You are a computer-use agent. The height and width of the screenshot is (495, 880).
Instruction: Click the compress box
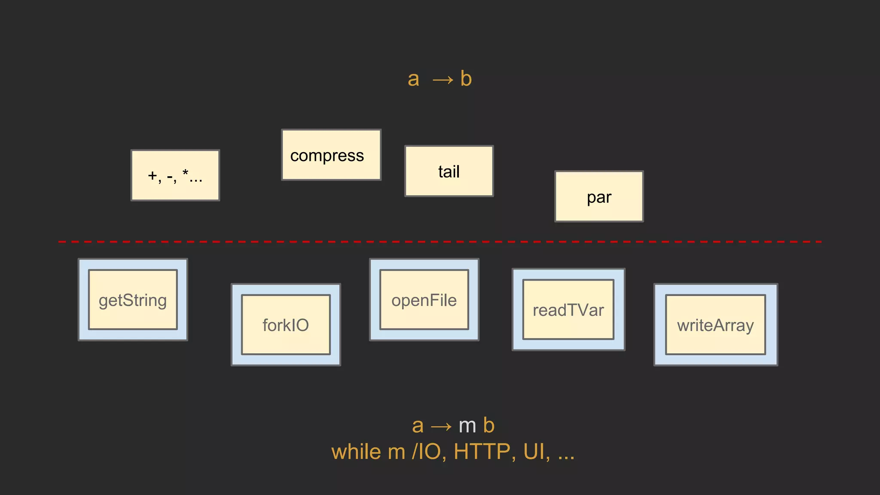(331, 155)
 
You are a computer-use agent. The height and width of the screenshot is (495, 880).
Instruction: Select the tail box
(449, 171)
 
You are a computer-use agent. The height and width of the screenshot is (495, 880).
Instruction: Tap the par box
(599, 197)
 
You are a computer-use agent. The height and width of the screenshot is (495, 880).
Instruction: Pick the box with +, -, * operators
(175, 175)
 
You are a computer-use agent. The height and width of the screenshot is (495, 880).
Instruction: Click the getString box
(133, 300)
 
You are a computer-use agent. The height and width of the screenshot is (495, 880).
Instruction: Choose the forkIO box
(286, 325)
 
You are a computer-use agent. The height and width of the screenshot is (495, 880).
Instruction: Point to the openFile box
(424, 300)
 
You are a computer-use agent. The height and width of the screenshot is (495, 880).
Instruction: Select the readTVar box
(568, 310)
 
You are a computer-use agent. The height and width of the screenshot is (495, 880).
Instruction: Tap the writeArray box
(715, 325)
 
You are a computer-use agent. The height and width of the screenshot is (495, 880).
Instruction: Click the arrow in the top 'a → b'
(443, 80)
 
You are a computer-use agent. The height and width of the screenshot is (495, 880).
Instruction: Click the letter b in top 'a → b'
(466, 79)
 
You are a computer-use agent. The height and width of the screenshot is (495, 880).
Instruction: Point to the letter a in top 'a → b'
(413, 79)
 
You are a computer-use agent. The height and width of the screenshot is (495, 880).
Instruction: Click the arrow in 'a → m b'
(441, 427)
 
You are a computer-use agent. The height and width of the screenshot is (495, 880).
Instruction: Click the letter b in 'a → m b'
(489, 425)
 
